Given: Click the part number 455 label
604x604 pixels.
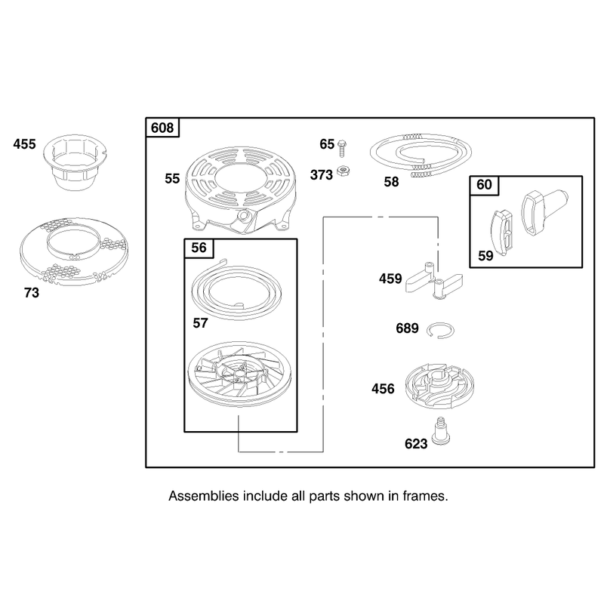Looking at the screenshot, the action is click(24, 144).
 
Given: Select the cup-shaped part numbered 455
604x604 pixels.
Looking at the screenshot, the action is click(75, 162).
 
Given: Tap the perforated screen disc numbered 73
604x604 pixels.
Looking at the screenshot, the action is click(74, 252).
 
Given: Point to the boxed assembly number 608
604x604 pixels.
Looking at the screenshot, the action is click(162, 128).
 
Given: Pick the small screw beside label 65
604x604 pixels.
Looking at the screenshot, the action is click(342, 148).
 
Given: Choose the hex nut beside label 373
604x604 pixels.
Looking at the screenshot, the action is click(343, 171).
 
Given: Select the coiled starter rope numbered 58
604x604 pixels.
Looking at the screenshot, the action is click(421, 154).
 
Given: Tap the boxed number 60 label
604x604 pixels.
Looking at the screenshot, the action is click(484, 184).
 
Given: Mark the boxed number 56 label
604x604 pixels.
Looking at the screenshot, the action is click(199, 248).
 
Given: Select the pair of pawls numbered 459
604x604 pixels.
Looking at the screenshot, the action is click(433, 280).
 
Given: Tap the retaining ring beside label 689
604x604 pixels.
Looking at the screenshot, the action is click(441, 331).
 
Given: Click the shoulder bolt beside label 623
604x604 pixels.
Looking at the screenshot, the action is click(442, 431).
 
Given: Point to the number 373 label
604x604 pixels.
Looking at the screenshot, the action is click(322, 175).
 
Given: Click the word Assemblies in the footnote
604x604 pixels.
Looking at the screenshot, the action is click(204, 496).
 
